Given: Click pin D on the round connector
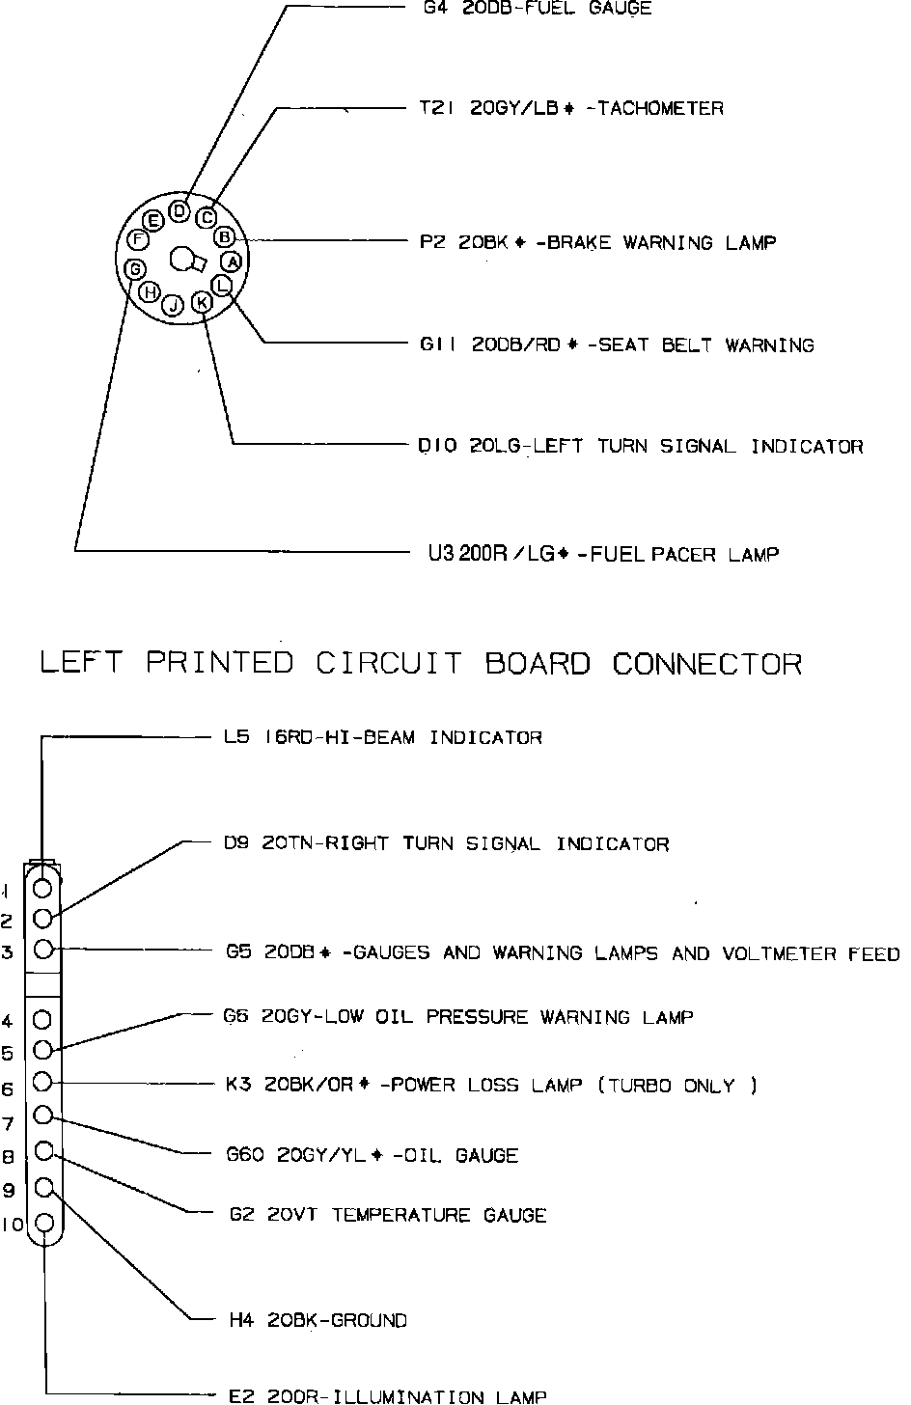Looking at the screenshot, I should pyautogui.click(x=179, y=210).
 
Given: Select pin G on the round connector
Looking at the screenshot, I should pyautogui.click(x=136, y=267).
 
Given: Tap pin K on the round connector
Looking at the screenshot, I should pyautogui.click(x=202, y=303).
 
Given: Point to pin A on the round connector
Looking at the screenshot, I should pyautogui.click(x=231, y=261).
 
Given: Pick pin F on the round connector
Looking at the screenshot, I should pyautogui.click(x=138, y=238).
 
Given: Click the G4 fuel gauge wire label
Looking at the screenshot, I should pyautogui.click(x=537, y=9).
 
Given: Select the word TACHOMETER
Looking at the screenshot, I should pyautogui.click(x=660, y=109).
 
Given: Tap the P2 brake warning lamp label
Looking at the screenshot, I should pyautogui.click(x=597, y=242).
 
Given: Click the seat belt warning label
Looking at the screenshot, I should pyautogui.click(x=617, y=344).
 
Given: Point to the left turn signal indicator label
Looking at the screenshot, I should pyautogui.click(x=640, y=446).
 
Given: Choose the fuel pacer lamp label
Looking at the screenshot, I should pyautogui.click(x=603, y=554).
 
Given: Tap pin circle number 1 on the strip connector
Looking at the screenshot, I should pyautogui.click(x=42, y=887).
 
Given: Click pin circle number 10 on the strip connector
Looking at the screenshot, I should pyautogui.click(x=44, y=1226).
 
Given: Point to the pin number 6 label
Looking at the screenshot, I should pyautogui.click(x=8, y=1089).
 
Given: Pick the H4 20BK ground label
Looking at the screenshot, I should pyautogui.click(x=317, y=1320).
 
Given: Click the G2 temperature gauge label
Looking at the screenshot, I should pyautogui.click(x=387, y=1215).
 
